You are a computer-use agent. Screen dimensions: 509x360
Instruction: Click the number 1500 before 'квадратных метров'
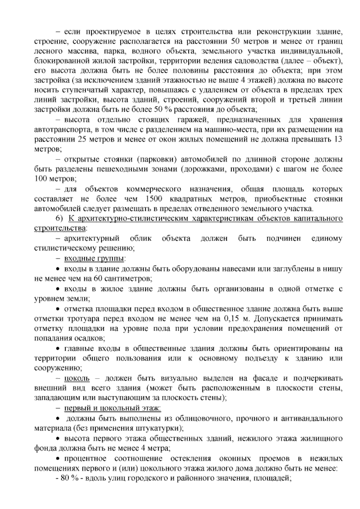154,199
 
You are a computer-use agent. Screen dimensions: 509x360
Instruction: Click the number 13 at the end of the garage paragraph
338,140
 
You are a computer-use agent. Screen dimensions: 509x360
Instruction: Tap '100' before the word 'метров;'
40,179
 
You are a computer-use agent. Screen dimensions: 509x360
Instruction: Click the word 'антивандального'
312,418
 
